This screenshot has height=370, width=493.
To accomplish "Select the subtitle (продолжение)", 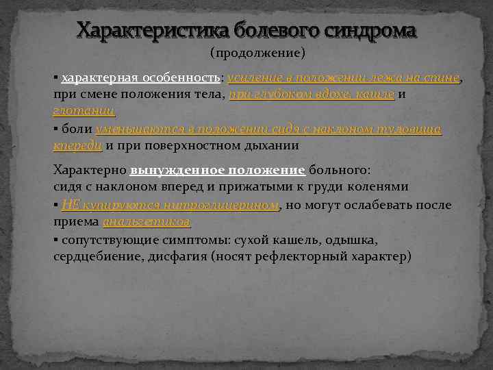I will (x=257, y=52).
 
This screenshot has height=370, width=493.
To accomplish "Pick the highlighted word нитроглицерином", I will (x=219, y=205).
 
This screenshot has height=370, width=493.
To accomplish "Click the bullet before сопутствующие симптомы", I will (x=55, y=240).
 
